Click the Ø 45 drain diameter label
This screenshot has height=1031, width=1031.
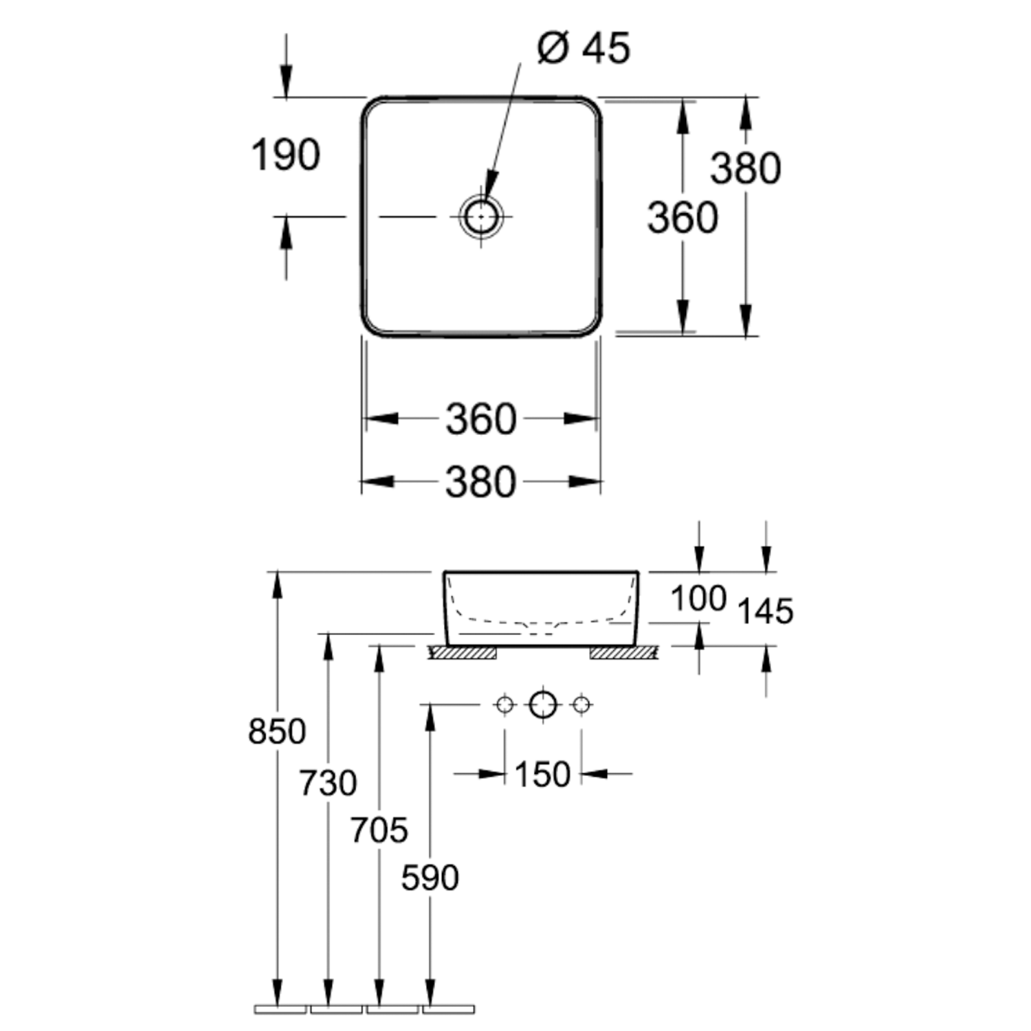583,49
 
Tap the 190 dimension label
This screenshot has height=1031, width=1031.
285,155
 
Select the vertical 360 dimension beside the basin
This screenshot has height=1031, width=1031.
682,217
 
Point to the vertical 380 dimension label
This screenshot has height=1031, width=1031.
745,168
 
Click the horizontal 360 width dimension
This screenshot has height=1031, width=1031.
480,419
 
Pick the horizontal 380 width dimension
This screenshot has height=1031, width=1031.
480,482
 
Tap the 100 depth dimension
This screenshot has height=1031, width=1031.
698,598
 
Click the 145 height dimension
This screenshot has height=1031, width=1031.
765,611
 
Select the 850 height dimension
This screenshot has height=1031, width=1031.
277,732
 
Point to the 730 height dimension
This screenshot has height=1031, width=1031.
328,784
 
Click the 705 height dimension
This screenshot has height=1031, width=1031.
379,830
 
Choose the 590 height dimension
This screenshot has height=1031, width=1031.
430,878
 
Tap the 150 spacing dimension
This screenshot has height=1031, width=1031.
542,775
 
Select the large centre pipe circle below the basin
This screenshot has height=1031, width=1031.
543,705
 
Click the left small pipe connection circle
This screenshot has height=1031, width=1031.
505,705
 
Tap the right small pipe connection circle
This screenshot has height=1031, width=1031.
581,705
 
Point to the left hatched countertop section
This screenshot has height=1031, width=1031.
463,653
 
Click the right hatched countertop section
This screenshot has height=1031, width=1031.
625,653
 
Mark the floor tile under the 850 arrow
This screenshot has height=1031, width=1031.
280,1009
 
